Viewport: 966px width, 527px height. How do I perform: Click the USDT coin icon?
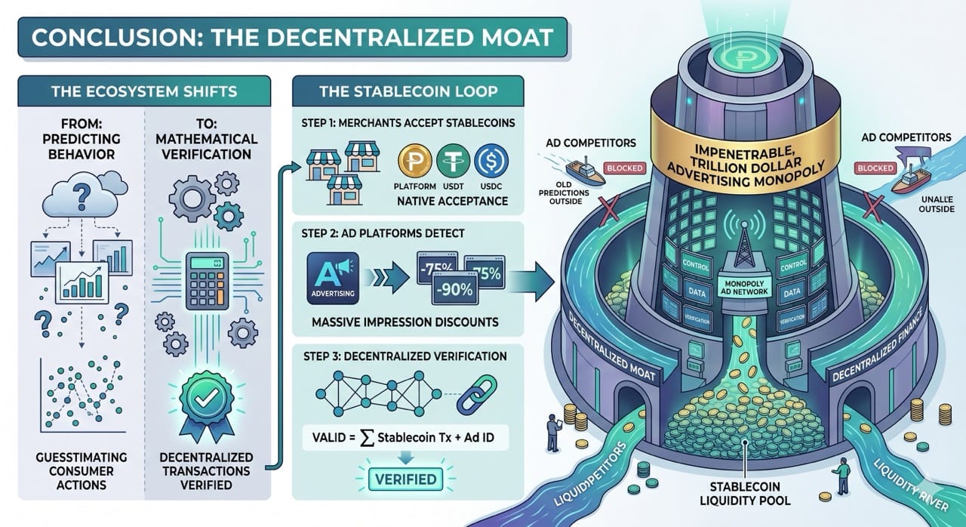tap(454, 161)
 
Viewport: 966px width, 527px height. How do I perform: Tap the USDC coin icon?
tap(491, 161)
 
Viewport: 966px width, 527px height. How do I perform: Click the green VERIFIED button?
tap(404, 479)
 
